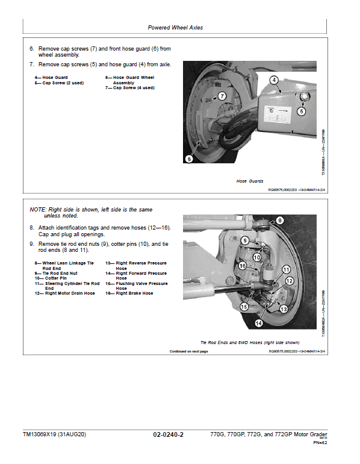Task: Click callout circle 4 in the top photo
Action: pos(273,80)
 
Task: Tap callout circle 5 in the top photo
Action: pos(302,111)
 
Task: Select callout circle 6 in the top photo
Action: pos(189,159)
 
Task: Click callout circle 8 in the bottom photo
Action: pos(280,220)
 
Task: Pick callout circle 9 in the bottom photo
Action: pos(244,240)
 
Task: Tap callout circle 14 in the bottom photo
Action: pos(258,323)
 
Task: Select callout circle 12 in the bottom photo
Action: pos(290,281)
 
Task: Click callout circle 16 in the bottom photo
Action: pos(241,266)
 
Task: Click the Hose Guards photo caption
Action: pos(250,180)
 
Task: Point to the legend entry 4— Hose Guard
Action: pos(51,77)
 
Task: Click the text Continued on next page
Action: pos(188,351)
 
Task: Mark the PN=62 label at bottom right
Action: pos(320,443)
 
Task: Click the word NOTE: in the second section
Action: pos(37,209)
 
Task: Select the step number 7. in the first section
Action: pos(32,64)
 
